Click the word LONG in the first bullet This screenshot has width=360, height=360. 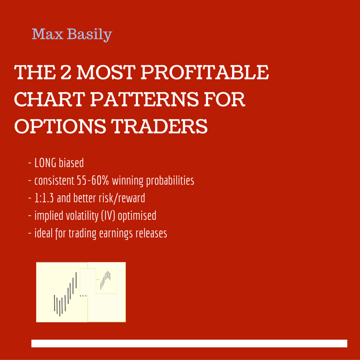coord(46,162)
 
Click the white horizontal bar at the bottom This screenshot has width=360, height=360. coord(189,343)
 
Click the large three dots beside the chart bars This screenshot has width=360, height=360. coord(83,296)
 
